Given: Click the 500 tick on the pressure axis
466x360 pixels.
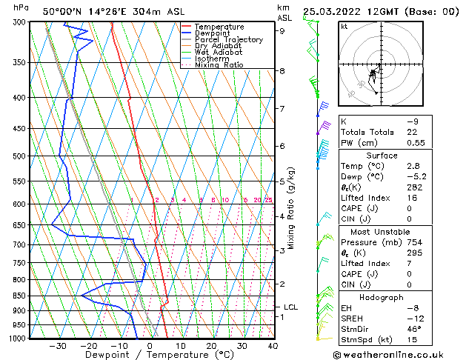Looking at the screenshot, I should [x=20, y=156].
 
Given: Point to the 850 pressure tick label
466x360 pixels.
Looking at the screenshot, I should [x=20, y=296].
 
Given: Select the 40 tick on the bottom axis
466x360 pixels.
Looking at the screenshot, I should [x=273, y=345].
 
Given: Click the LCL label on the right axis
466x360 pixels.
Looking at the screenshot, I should [x=290, y=307].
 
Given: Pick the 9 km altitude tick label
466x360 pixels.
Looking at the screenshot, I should [x=282, y=31].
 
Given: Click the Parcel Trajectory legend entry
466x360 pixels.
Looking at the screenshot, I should [x=228, y=40].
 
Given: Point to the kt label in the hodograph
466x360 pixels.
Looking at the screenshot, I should [x=344, y=26].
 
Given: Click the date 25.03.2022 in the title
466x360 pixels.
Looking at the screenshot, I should [x=333, y=11].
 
